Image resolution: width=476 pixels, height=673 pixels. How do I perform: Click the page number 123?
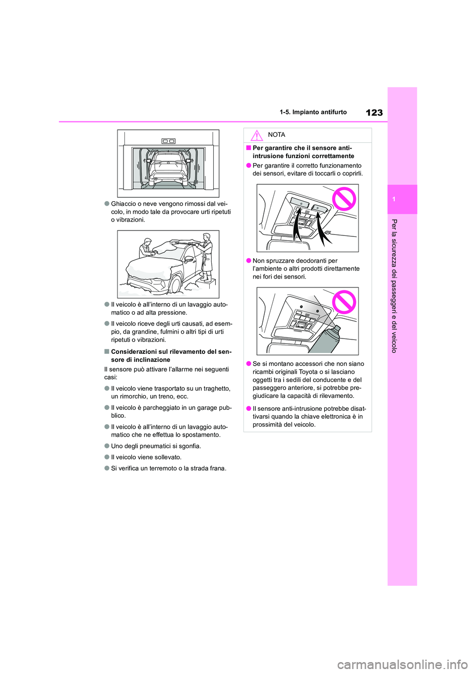click(374, 112)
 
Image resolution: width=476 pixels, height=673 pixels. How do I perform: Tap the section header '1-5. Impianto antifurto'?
click(313, 112)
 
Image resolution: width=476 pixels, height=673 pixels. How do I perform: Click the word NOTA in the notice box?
click(276, 135)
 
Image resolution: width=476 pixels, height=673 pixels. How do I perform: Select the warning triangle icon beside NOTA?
click(256, 135)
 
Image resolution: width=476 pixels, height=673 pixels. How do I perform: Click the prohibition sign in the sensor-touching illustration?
click(344, 199)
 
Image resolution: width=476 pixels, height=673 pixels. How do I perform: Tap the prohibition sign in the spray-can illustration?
click(344, 302)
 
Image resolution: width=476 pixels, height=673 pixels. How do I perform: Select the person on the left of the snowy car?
click(145, 248)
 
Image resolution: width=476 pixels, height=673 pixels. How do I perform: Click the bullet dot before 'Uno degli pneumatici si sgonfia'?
click(107, 446)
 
